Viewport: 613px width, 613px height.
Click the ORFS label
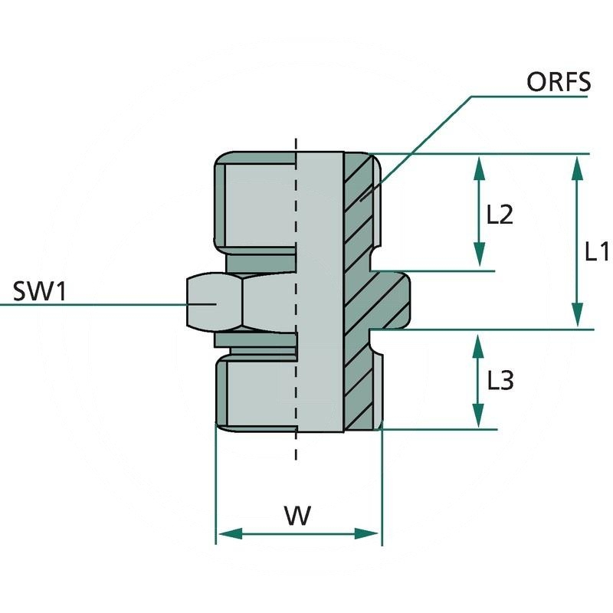click(559, 82)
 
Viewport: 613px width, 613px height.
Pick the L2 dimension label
click(500, 215)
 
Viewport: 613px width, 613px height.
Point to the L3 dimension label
click(500, 380)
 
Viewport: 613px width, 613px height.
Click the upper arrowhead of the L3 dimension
click(479, 343)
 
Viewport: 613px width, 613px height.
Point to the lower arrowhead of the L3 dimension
click(479, 418)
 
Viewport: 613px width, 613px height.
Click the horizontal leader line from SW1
click(92, 303)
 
